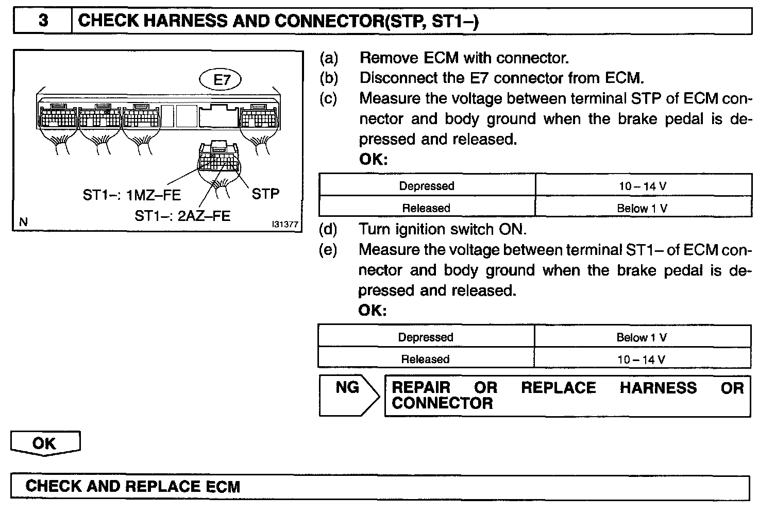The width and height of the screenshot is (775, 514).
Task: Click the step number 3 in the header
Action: tap(43, 21)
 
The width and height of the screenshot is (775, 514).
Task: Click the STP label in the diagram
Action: tap(265, 194)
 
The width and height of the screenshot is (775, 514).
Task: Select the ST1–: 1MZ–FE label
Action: tap(132, 195)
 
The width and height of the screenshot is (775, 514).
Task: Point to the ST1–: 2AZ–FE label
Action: tap(182, 215)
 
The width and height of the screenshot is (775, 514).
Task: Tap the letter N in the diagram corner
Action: tap(23, 222)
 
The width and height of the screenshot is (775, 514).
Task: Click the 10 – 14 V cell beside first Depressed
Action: tap(643, 186)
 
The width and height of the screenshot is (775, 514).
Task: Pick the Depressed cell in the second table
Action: tap(426, 337)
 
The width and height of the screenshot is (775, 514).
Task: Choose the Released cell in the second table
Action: tap(426, 359)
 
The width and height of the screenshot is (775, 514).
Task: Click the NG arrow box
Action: tap(348, 395)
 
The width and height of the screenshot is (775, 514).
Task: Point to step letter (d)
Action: tap(328, 229)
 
